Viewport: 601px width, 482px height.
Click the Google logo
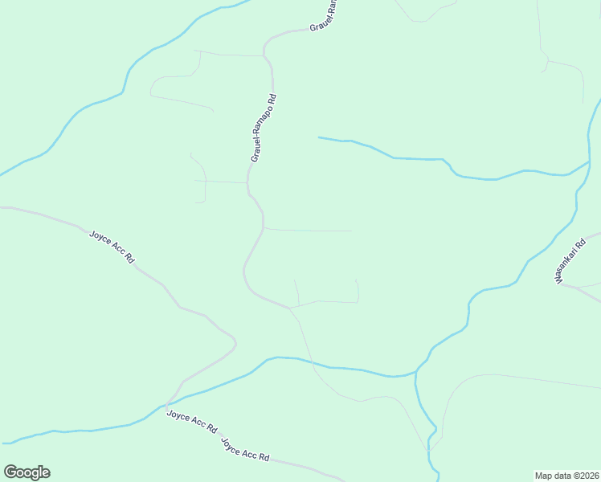pos(27,472)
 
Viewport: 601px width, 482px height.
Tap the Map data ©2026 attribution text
pos(566,475)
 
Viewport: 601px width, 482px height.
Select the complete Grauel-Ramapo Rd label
pos(264,129)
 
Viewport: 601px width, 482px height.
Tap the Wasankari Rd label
pos(568,259)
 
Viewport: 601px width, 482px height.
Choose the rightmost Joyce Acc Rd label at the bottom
pos(244,449)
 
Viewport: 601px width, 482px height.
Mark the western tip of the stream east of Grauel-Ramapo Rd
pos(319,137)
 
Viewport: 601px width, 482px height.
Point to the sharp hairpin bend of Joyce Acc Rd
pos(235,345)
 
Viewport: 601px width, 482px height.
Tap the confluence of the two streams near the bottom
pos(416,372)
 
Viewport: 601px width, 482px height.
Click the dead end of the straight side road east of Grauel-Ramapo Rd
pos(351,231)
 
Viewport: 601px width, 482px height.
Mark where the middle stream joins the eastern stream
pos(589,163)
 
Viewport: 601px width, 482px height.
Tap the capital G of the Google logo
pos(10,472)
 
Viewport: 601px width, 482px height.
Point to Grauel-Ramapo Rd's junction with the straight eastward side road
pos(264,229)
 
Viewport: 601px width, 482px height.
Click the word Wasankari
pos(565,264)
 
